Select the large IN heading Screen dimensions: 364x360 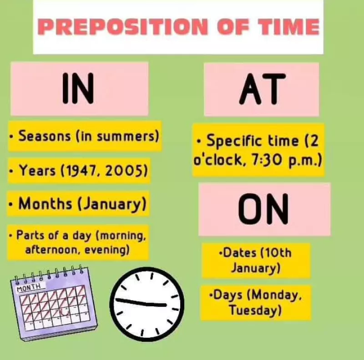(x=78, y=88)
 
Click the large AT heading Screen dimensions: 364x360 (x=263, y=89)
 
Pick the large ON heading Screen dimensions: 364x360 (x=263, y=209)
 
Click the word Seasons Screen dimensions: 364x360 (x=44, y=136)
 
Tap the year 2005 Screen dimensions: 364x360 (x=122, y=171)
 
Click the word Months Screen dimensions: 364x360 (x=45, y=204)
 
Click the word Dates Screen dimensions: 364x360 (x=239, y=253)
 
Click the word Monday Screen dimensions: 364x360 (x=275, y=295)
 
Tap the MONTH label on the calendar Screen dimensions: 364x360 (x=29, y=287)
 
